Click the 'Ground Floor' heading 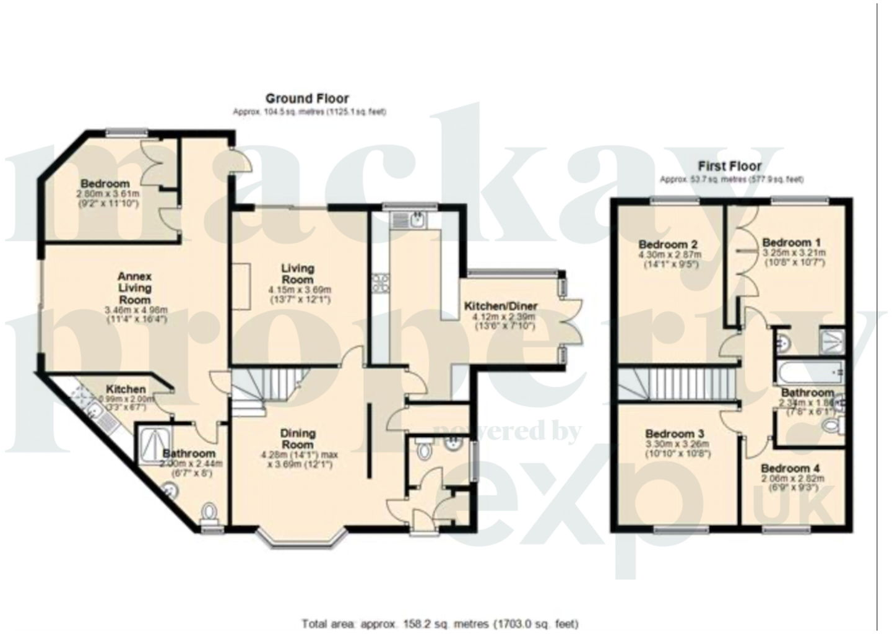(307, 98)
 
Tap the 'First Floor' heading (730, 166)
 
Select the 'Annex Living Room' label (135, 288)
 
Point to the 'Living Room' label (298, 274)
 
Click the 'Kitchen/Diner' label (501, 306)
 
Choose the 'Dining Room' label (298, 439)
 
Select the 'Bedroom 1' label (787, 242)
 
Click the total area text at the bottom (440, 623)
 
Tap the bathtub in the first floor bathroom (810, 372)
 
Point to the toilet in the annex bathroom (210, 513)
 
